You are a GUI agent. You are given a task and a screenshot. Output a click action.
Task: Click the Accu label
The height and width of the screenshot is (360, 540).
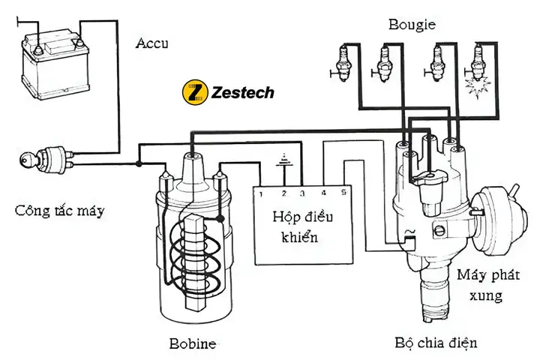[153, 42]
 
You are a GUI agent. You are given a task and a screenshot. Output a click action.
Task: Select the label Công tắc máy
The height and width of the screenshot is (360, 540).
[60, 211]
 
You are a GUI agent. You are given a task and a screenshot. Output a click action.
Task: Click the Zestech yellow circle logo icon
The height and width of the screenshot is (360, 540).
[195, 93]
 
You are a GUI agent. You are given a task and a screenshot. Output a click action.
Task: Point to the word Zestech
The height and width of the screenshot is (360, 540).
[242, 93]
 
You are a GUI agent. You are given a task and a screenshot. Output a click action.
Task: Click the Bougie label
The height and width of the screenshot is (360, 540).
[412, 25]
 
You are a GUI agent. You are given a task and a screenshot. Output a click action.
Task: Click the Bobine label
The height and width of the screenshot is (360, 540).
[193, 344]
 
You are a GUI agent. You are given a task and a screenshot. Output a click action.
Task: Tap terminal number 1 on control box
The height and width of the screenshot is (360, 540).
[259, 193]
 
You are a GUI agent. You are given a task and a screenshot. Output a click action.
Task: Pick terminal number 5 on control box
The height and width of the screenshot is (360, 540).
[343, 193]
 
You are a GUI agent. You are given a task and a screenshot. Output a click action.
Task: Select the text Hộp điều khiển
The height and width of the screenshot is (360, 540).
[301, 227]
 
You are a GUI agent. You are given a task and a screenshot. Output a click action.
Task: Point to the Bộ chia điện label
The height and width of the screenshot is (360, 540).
[436, 343]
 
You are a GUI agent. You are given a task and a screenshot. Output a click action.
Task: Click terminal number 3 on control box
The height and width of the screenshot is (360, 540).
[301, 193]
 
